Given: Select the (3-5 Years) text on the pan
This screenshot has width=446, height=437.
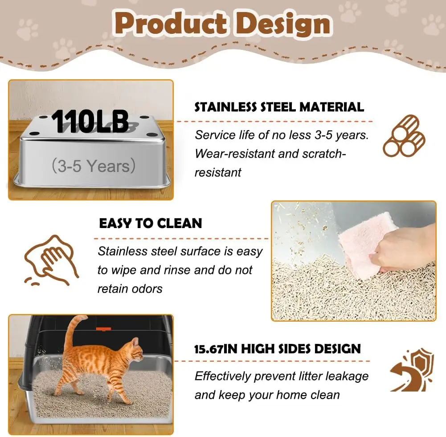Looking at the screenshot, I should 93,166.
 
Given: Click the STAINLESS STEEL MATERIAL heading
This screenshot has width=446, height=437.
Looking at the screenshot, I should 279,107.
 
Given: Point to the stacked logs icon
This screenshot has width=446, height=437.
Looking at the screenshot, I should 404,135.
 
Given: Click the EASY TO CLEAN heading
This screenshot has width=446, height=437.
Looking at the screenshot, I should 150,223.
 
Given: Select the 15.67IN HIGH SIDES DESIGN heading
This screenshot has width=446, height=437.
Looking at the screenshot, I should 278,348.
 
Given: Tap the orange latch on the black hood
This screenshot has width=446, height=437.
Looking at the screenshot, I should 103,329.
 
